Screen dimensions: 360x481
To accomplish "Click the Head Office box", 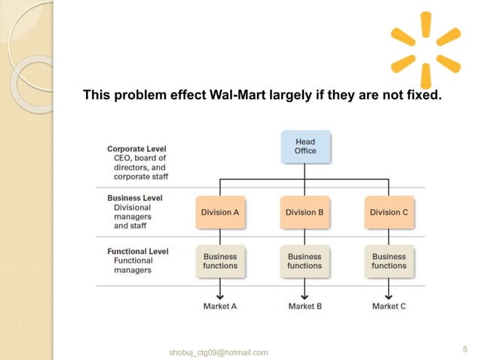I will click(305, 146).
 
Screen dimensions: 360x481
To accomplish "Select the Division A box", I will click(220, 212).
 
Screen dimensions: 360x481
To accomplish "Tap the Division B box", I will click(305, 212).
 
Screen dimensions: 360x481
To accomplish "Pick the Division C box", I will click(389, 212).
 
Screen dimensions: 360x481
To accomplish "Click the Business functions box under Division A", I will click(220, 261).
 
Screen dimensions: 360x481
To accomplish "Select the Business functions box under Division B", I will click(305, 261).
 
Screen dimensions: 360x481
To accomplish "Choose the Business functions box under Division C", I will click(389, 261).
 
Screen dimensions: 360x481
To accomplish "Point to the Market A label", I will click(220, 307).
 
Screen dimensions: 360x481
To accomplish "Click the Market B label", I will click(305, 307).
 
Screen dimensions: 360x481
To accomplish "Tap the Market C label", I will click(389, 307).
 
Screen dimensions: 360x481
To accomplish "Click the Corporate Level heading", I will click(136, 149).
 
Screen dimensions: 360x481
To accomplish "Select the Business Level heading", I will click(134, 198).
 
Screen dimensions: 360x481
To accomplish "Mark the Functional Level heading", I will click(137, 252).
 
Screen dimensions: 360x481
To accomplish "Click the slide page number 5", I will click(464, 349).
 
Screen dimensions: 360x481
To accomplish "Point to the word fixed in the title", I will click(422, 96).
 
